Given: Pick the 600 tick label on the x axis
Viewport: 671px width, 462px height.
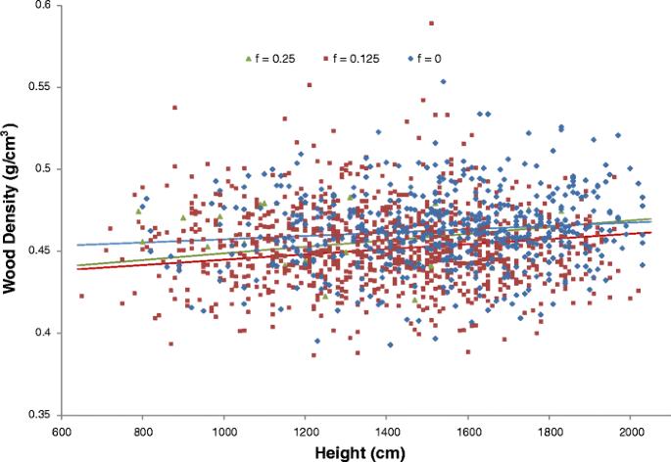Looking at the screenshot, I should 61,431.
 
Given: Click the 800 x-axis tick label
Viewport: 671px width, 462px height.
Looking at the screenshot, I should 142,431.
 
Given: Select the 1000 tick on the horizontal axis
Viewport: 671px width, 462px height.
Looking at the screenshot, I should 224,431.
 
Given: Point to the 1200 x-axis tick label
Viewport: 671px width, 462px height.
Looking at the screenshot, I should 306,431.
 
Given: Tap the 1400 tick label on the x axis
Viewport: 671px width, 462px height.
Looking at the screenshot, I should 387,431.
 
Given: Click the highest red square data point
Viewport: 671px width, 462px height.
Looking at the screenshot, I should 432,23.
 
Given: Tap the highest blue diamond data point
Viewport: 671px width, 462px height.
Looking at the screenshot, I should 443,81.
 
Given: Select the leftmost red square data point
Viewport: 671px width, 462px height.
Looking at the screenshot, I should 82,296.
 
